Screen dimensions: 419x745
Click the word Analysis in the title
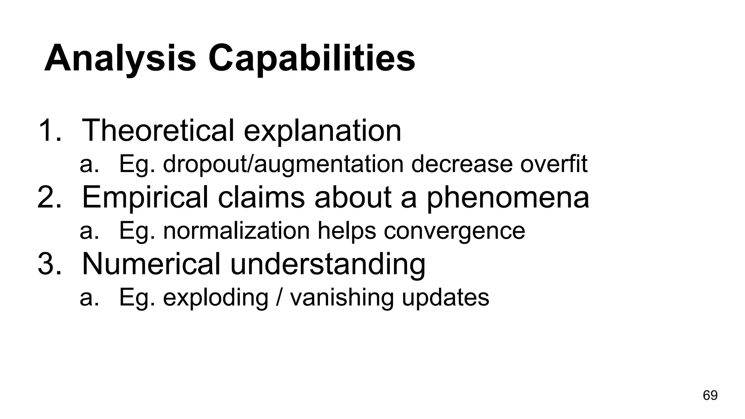tap(120, 58)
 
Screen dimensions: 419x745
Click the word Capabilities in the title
tap(311, 58)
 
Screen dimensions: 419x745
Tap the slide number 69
tap(710, 395)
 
